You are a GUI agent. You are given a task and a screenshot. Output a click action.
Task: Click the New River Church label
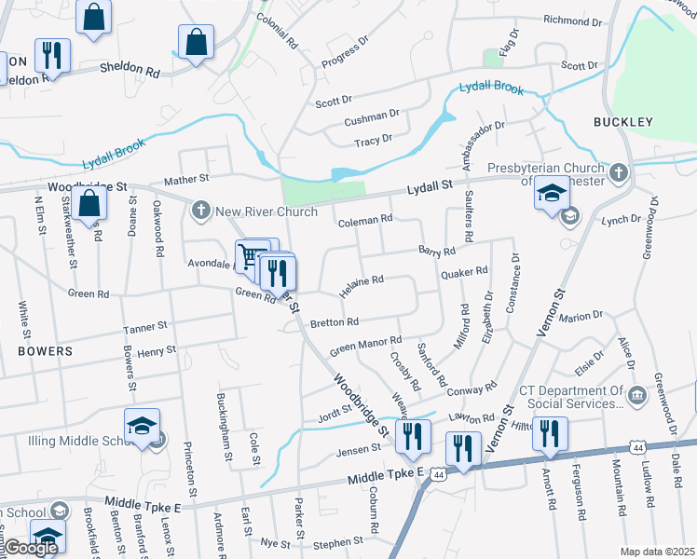(266, 211)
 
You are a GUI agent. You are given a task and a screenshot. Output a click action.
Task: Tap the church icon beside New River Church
(201, 211)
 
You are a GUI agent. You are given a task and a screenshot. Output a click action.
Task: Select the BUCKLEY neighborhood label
(622, 122)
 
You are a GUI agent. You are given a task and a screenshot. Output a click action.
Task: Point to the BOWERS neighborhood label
(45, 351)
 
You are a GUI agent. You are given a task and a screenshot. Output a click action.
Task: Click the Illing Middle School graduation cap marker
(143, 428)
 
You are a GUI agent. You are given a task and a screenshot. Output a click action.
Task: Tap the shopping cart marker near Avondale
(250, 256)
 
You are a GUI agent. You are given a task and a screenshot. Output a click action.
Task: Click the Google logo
(30, 549)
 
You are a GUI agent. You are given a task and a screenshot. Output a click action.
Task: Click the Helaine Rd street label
(362, 285)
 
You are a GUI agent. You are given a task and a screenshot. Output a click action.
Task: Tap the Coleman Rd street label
(365, 221)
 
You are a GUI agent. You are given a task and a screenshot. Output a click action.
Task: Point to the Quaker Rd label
(464, 273)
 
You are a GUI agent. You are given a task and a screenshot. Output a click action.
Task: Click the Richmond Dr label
(574, 20)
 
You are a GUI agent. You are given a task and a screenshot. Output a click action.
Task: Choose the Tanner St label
(145, 327)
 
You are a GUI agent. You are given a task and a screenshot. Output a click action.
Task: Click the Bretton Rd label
(335, 322)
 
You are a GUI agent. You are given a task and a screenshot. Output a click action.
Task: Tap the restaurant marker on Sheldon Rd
(53, 55)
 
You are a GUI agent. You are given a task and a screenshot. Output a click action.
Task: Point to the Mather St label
(186, 178)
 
